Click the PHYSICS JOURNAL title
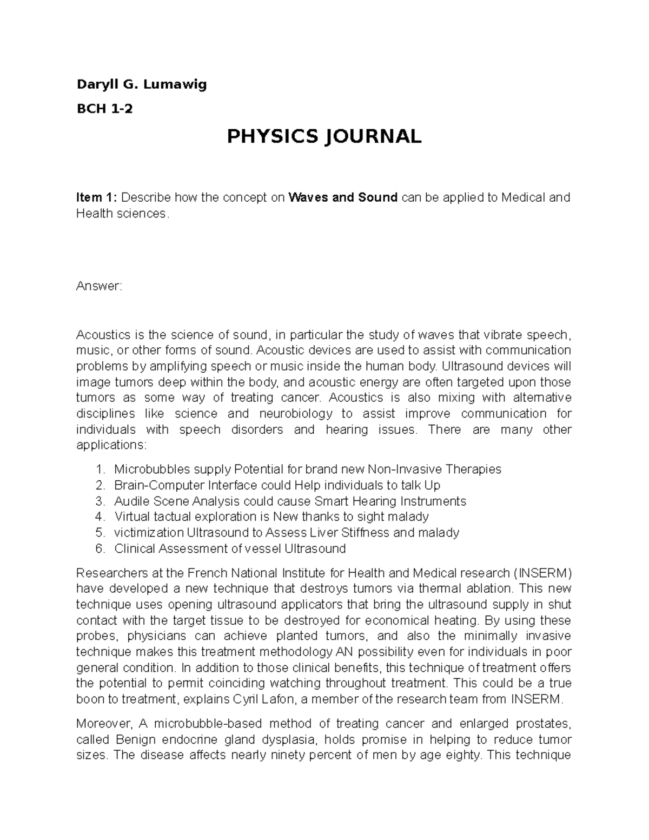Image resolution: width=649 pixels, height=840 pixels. [x=324, y=136]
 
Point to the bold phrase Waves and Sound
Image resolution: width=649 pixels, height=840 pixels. [x=343, y=197]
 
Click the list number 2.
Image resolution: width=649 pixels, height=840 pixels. [x=99, y=485]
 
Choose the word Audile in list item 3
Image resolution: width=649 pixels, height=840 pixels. [x=130, y=501]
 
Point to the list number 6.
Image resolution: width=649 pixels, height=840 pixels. [x=99, y=548]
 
